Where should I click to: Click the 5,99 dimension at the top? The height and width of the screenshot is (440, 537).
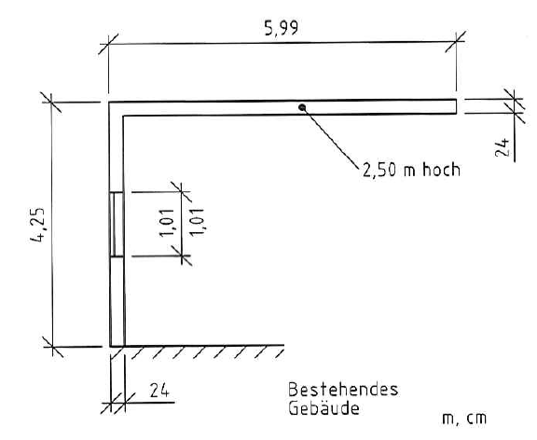[x=282, y=28]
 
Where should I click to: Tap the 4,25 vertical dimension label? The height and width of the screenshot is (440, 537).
[x=37, y=225]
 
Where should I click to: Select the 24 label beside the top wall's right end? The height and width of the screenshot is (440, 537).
[x=503, y=147]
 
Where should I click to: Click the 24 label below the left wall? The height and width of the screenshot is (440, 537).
[x=159, y=391]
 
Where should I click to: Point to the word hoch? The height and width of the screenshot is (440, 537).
[x=441, y=170]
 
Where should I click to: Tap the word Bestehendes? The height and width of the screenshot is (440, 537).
[x=343, y=390]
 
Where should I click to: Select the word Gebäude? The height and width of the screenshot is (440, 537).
[x=324, y=408]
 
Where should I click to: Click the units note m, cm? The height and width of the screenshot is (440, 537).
[x=464, y=419]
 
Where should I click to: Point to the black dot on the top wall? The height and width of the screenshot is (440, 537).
[x=302, y=107]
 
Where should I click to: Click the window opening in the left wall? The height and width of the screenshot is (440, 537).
[x=117, y=225]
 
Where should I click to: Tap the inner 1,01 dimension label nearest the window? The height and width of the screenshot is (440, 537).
[x=167, y=223]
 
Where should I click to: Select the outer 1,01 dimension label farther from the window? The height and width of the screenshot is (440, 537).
[x=197, y=222]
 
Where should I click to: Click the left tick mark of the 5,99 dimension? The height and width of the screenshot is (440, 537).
[x=108, y=44]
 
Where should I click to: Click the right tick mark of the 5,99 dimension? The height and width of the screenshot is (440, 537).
[x=456, y=41]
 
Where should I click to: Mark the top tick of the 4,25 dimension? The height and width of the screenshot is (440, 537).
[x=51, y=102]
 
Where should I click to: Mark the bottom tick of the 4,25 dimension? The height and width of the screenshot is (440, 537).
[x=52, y=347]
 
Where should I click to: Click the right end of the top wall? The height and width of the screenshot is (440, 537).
[x=457, y=106]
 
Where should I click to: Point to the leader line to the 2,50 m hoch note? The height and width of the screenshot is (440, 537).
[x=331, y=138]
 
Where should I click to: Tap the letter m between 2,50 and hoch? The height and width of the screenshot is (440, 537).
[x=409, y=172]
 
